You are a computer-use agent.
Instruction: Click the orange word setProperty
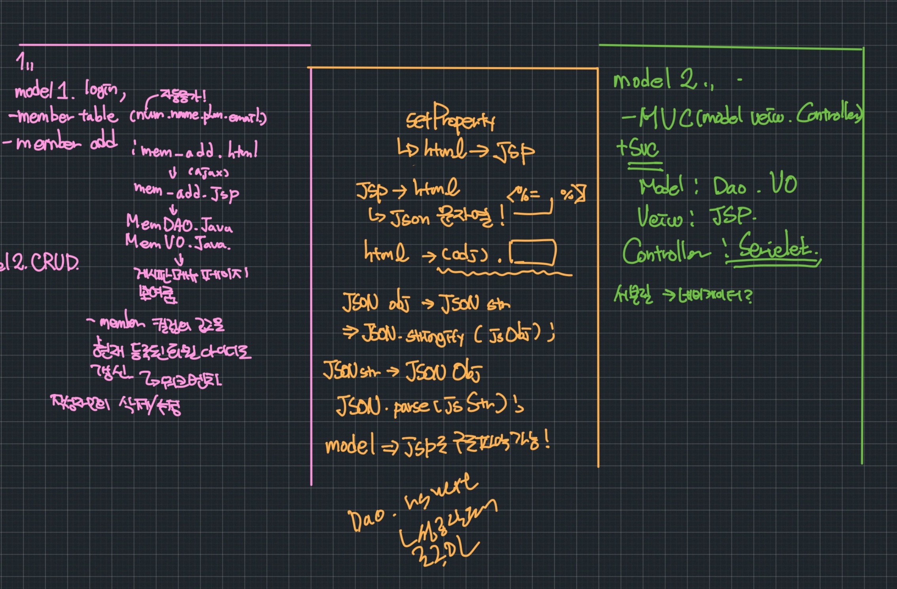[x=450, y=118]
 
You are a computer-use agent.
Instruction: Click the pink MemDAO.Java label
[x=179, y=225]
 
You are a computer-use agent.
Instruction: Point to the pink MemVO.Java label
[x=177, y=242]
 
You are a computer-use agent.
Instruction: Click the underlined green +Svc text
[x=638, y=149]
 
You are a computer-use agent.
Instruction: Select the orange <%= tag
[x=523, y=195]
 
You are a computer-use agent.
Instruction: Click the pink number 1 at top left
[x=21, y=62]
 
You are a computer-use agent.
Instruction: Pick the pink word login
[x=102, y=91]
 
